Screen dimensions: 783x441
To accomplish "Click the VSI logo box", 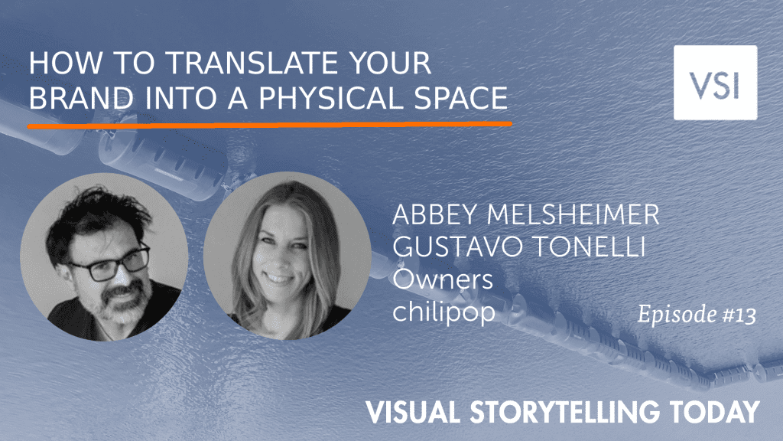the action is pyautogui.click(x=715, y=83).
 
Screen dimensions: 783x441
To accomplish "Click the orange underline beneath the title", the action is pyautogui.click(x=270, y=124).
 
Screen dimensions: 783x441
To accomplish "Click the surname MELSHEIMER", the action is pyautogui.click(x=573, y=214).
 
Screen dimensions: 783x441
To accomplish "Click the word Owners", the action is pyautogui.click(x=443, y=279).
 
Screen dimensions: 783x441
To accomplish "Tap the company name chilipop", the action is pyautogui.click(x=444, y=312).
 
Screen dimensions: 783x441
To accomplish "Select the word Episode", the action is pyautogui.click(x=677, y=315).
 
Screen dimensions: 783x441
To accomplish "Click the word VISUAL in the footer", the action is pyautogui.click(x=414, y=411).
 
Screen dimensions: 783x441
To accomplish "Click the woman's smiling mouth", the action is pyautogui.click(x=278, y=278).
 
